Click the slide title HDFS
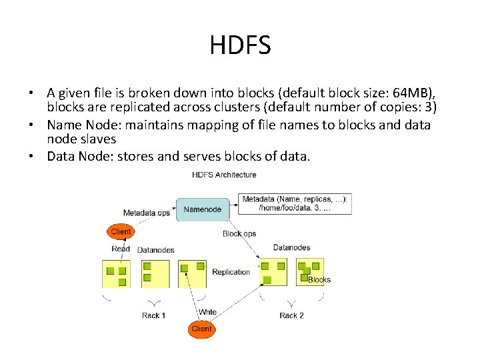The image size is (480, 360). (x=240, y=45)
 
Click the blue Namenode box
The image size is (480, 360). (x=203, y=209)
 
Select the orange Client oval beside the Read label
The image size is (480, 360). (x=121, y=232)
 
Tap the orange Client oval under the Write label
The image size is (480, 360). (x=201, y=329)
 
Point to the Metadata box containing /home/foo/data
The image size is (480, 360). (x=296, y=204)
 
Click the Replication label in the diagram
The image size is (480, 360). (x=231, y=272)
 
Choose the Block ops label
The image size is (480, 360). (x=239, y=234)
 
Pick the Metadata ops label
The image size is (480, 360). (x=147, y=213)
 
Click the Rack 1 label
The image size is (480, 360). (x=153, y=315)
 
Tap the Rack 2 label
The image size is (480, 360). (x=291, y=315)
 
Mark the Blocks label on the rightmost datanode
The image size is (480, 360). (x=319, y=280)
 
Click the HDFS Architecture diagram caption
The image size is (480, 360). (x=224, y=175)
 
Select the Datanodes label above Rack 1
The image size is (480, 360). (x=156, y=250)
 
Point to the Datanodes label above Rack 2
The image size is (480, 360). (x=291, y=247)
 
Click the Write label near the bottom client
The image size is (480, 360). (x=207, y=312)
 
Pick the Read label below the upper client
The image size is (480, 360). (x=121, y=249)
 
